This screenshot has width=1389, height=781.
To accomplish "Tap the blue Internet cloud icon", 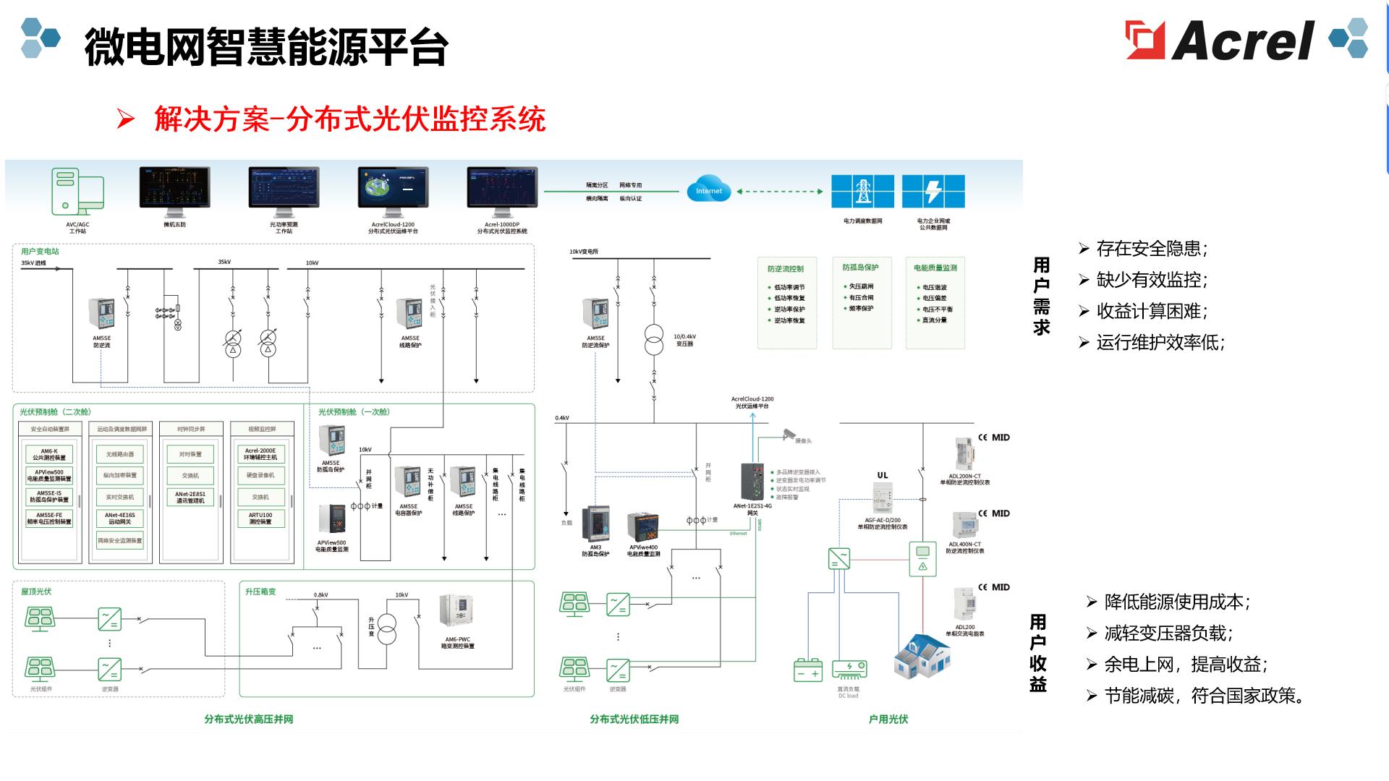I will coord(708,190).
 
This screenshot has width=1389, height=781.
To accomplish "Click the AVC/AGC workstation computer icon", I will coord(77,192).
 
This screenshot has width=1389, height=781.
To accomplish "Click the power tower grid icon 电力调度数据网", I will coord(862,192).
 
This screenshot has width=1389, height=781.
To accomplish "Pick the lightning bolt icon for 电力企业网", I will coord(933,192).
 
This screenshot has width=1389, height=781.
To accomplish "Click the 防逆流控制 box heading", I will coord(786,269).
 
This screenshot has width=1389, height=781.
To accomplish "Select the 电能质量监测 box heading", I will coord(935,268).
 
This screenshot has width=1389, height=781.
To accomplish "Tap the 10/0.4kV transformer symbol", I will coord(653,340).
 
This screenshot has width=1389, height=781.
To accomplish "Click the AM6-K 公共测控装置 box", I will coord(48,454).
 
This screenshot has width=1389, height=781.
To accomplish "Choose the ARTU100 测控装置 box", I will coord(260,518).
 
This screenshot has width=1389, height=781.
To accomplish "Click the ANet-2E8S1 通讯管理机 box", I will coord(190,498).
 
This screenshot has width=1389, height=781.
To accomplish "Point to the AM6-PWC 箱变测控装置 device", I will coord(457,613).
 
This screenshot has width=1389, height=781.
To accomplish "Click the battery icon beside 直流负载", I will coord(808,670).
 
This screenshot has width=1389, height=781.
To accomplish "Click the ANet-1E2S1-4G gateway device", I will coord(753,481).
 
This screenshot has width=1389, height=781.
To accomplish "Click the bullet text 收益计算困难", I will coord(1151,312).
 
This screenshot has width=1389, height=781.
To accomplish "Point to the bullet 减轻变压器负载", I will coord(1168,633).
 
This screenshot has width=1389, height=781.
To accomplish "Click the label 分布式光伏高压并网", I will coord(248,720).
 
